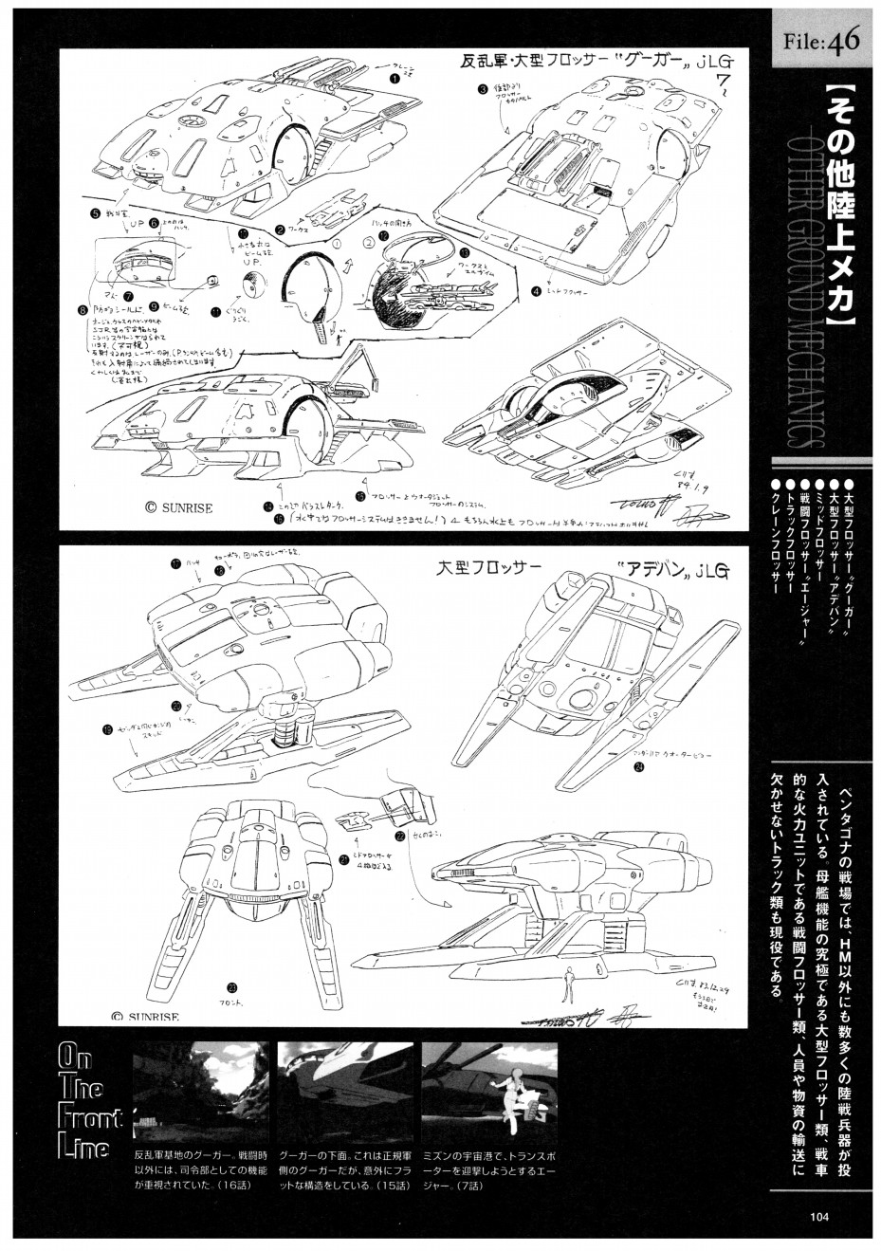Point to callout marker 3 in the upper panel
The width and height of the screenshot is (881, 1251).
[483, 90]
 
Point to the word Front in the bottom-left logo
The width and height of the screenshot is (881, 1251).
[89, 1117]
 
